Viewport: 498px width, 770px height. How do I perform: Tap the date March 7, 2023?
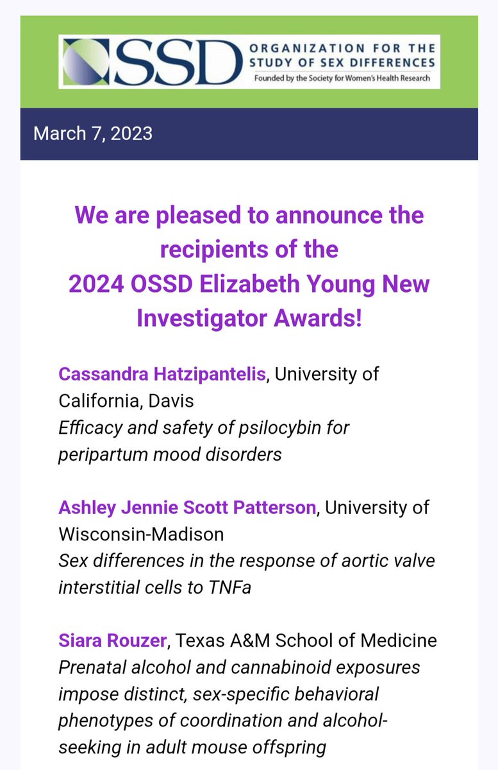click(x=93, y=133)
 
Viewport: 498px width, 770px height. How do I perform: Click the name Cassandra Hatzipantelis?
click(x=162, y=374)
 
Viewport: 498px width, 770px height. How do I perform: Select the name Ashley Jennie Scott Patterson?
click(x=187, y=508)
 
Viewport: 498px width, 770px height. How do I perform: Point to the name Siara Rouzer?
click(x=113, y=640)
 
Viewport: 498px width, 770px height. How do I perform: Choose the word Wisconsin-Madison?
click(x=140, y=534)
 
